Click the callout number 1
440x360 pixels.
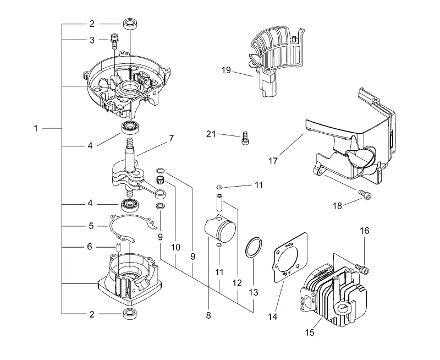click(36, 129)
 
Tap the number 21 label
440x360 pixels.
click(211, 134)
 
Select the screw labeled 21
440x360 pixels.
click(245, 138)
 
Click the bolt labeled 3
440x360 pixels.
click(114, 41)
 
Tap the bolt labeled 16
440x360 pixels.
click(362, 268)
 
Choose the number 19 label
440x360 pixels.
click(226, 70)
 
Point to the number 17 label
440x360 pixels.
click(273, 161)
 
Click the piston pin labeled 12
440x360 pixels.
click(219, 202)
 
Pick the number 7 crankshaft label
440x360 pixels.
click(171, 138)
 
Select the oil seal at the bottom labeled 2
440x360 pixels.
click(131, 314)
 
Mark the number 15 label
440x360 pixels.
click(310, 332)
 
